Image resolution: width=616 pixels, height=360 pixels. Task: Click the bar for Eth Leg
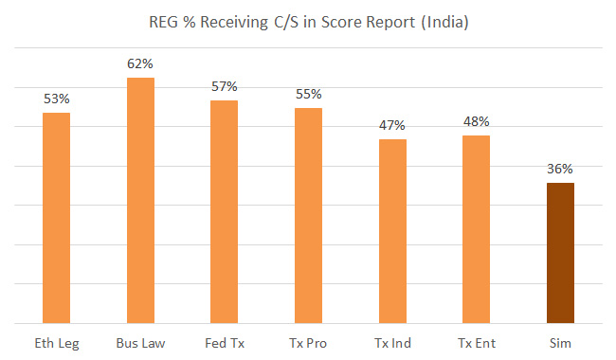(56, 218)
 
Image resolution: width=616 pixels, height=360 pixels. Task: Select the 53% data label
(56, 99)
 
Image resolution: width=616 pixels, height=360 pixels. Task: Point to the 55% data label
(308, 94)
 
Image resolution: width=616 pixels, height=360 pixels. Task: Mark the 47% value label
(392, 125)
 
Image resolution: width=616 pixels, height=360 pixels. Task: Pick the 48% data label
(477, 121)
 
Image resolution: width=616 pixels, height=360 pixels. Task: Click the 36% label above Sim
(560, 169)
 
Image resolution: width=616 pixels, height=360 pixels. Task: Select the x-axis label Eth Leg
(56, 342)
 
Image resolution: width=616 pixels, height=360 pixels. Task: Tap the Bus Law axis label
(140, 342)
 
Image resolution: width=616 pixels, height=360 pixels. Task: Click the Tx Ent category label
(477, 342)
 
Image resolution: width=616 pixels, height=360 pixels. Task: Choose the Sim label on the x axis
(560, 342)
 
